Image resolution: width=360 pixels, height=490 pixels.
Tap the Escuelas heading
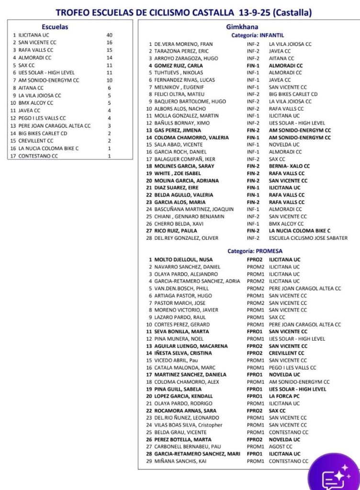[55, 27]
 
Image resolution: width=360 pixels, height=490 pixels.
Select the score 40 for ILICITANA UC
[110, 35]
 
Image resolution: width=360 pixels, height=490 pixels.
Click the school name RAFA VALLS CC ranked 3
[36, 50]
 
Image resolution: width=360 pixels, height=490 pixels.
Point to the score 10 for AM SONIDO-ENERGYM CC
[110, 81]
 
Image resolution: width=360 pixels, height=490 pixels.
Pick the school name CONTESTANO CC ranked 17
[38, 156]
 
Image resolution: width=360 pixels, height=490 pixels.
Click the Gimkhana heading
[249, 27]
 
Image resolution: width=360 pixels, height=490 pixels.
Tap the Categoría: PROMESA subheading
[255, 251]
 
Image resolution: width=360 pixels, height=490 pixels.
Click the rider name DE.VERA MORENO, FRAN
[183, 44]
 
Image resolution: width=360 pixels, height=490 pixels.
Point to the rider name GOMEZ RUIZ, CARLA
[179, 66]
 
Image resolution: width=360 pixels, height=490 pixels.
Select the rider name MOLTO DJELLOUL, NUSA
[183, 259]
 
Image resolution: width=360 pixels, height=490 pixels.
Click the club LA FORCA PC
[284, 396]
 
